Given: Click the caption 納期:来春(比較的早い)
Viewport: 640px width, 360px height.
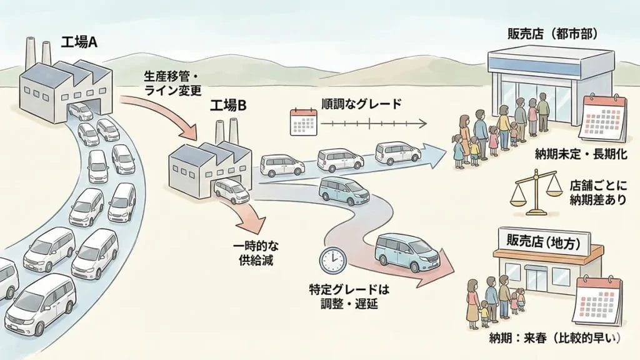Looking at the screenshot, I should [x=554, y=339].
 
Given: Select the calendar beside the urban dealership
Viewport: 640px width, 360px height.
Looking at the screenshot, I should [x=602, y=117].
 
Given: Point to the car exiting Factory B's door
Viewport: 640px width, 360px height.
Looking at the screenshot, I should [x=231, y=191].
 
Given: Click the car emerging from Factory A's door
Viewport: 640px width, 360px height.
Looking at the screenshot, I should [x=81, y=111].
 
